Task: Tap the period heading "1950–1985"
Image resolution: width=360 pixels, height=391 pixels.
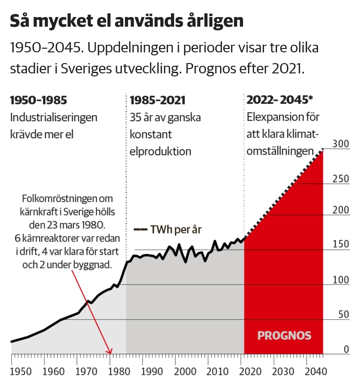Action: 38,100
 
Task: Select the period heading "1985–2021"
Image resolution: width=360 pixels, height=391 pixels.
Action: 157,100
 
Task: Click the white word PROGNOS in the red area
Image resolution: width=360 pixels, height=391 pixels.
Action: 284,335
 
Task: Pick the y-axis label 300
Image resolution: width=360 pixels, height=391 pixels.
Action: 340,144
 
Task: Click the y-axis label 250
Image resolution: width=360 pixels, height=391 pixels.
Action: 340,179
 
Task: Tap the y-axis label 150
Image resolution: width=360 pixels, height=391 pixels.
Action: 340,244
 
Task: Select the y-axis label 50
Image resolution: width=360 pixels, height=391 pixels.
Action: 343,314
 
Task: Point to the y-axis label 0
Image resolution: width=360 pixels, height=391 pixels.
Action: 346,349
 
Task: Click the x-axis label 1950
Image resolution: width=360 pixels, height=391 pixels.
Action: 21,372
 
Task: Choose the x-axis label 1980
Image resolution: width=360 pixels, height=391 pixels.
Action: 119,372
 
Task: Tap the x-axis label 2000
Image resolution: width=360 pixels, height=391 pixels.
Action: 185,372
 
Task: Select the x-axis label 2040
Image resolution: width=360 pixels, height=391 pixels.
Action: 316,372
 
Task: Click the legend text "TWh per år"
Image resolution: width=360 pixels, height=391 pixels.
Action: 176,230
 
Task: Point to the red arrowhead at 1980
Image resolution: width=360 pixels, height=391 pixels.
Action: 110,352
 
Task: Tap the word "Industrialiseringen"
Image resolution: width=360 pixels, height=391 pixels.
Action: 54,117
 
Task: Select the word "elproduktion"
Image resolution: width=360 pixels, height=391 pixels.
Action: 160,151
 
